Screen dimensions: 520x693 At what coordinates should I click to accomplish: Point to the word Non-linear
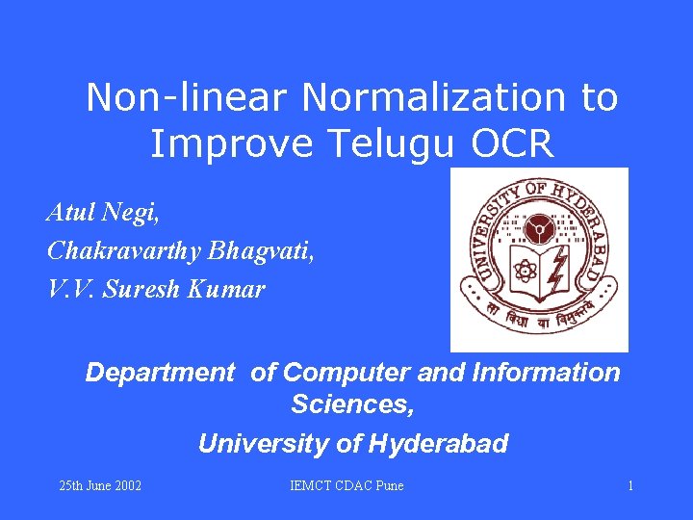(190, 97)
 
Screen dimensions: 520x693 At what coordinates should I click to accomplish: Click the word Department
(160, 373)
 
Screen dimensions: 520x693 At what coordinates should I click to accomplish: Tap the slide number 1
(630, 485)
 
